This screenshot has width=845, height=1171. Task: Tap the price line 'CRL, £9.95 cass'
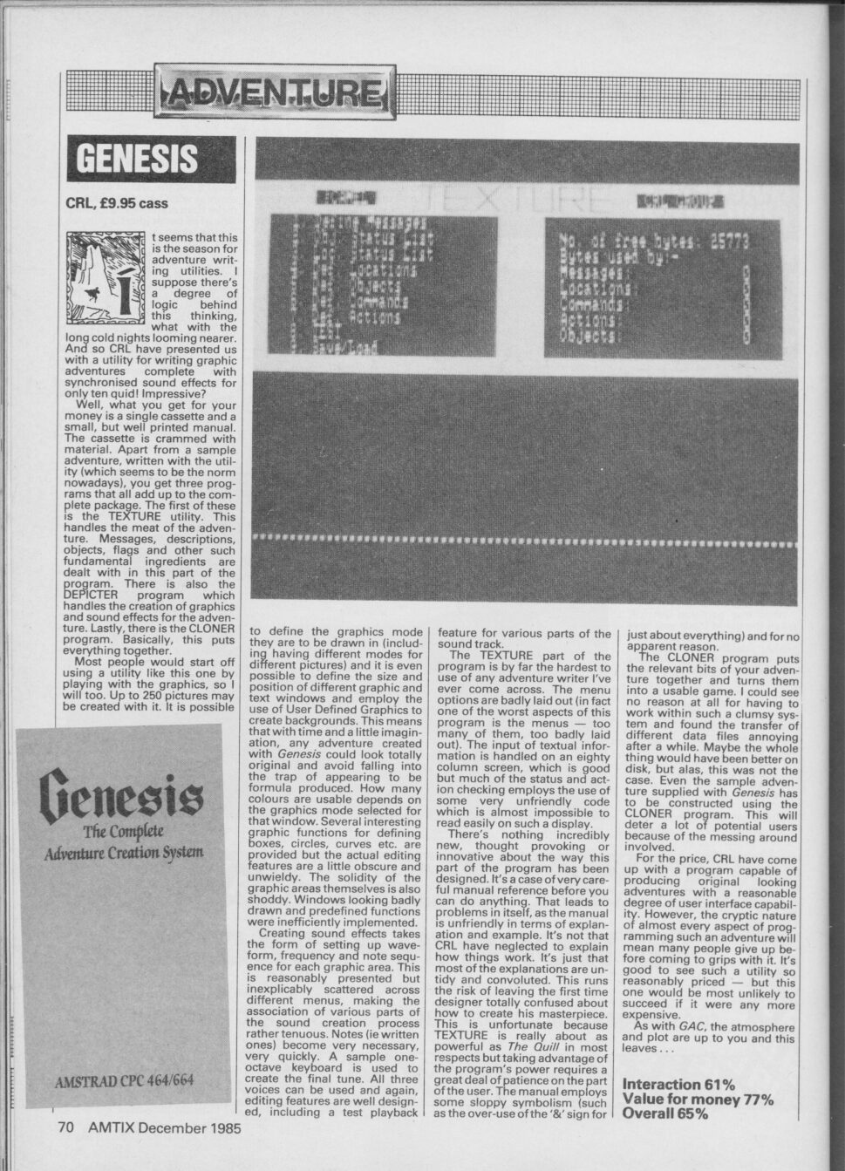click(118, 204)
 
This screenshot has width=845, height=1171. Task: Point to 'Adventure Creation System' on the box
click(124, 851)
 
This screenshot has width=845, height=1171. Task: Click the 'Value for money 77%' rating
click(699, 1099)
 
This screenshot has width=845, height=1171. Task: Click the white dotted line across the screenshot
click(523, 539)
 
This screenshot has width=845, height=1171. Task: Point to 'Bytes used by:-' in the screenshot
click(610, 259)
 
